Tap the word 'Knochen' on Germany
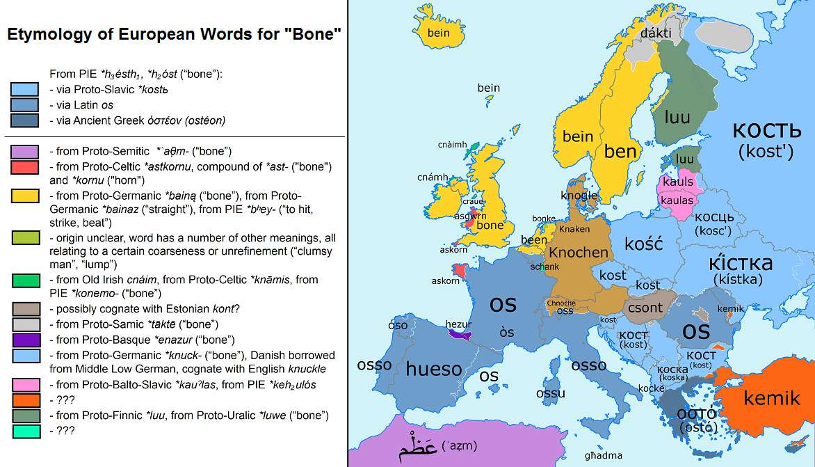[x=579, y=253]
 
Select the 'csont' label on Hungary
[x=645, y=307]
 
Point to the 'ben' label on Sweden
[x=620, y=151]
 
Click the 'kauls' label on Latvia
[x=678, y=182]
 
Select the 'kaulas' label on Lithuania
[x=677, y=200]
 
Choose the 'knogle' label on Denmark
[x=579, y=196]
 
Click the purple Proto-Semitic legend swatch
[x=25, y=152]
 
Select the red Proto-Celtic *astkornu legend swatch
[x=25, y=167]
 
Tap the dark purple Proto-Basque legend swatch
[x=25, y=340]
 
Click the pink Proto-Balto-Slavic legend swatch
[x=25, y=384]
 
